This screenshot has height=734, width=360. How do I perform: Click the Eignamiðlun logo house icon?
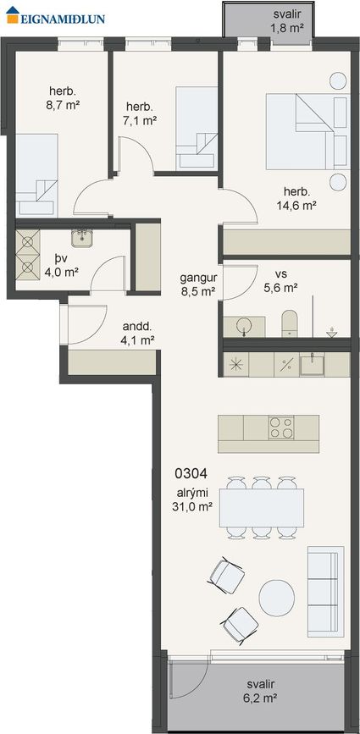(13, 14)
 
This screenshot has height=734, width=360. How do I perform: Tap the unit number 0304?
(191, 474)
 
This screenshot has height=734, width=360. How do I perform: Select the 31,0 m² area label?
(193, 505)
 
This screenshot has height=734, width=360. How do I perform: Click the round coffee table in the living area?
(277, 598)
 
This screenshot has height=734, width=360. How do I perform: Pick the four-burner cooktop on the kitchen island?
(281, 428)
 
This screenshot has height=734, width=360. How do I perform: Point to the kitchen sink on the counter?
(313, 364)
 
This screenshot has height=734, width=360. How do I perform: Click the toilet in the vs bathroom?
(290, 323)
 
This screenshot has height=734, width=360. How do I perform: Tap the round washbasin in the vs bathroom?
(244, 325)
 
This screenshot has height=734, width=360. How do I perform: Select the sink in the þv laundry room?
(82, 237)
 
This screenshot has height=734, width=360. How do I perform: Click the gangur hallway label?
(198, 284)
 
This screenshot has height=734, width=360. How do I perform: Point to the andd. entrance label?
(138, 333)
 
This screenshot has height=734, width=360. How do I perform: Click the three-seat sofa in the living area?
(325, 592)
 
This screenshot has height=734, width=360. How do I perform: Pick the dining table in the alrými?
(261, 507)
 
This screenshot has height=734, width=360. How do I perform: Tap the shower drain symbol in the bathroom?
(331, 332)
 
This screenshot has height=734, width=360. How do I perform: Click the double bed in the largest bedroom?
(307, 131)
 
